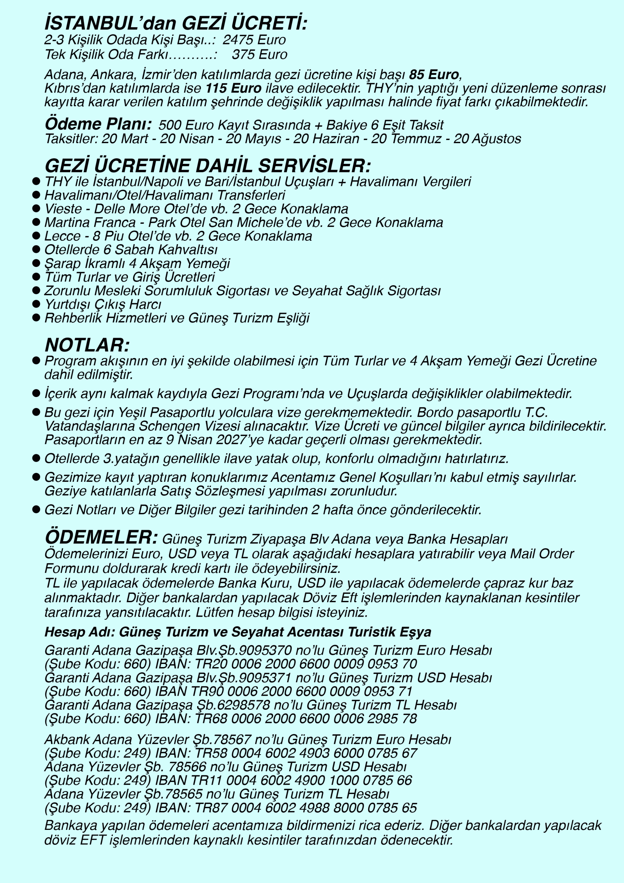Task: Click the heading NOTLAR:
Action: click(87, 345)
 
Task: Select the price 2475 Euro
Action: click(254, 40)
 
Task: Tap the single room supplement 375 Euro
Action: click(260, 54)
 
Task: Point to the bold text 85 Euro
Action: click(434, 74)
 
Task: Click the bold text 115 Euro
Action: click(233, 88)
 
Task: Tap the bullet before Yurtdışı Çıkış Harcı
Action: click(36, 304)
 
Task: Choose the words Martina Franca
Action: click(90, 222)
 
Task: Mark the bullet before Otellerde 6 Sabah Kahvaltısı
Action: click(36, 249)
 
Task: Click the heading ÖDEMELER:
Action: click(101, 537)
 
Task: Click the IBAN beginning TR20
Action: click(306, 664)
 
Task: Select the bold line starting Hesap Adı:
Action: click(238, 632)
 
